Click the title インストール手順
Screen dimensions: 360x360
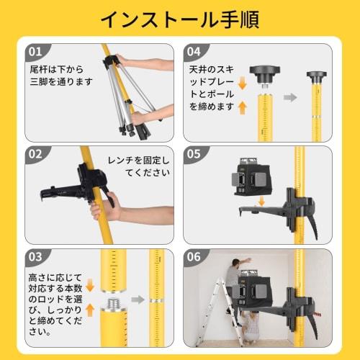179,19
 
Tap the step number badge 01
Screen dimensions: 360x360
35,53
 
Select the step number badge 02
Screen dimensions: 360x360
35,154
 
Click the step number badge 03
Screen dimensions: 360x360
35,256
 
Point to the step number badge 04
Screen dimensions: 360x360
194,53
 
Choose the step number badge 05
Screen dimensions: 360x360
194,154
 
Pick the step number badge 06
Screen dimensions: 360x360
194,256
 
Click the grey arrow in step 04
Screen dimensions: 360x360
290,96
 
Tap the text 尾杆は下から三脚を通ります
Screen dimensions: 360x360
61,76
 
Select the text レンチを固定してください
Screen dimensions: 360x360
140,166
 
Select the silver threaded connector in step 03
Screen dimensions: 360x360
112,302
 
